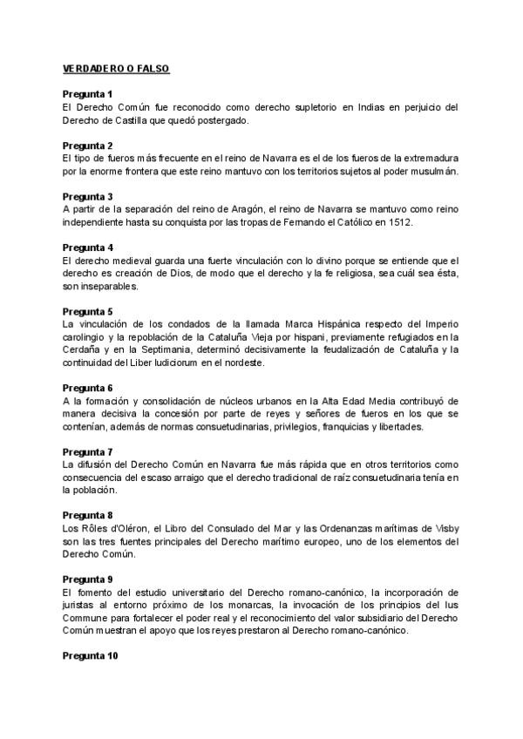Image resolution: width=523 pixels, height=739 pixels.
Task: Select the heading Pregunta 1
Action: [88, 93]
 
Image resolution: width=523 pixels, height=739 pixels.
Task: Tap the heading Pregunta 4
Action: [88, 247]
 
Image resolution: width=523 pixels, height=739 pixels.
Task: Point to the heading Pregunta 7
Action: [88, 451]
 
